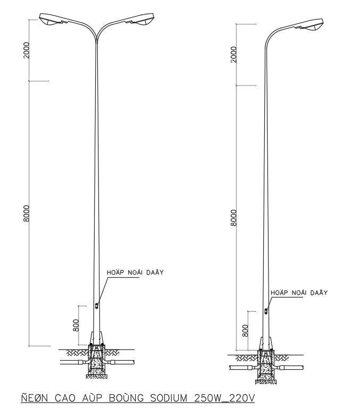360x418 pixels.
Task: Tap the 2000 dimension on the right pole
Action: tap(233, 54)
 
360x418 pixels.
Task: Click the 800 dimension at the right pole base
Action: tap(245, 330)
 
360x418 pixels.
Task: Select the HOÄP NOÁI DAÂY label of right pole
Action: tap(299, 292)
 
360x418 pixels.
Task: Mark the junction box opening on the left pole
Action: tap(96, 305)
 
